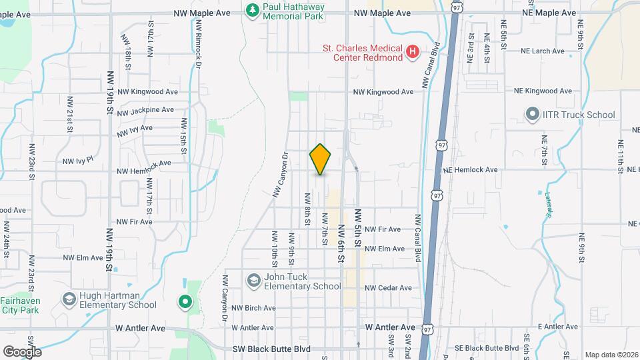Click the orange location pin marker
[320, 159]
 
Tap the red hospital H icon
[413, 51]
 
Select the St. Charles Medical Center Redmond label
[362, 53]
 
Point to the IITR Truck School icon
[533, 115]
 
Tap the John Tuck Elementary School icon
[253, 281]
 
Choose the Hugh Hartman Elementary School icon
[69, 299]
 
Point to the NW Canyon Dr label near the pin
[279, 173]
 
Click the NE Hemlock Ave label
[470, 170]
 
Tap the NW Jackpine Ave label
[145, 110]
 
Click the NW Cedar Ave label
[388, 288]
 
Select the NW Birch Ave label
[253, 308]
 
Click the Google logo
[21, 351]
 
